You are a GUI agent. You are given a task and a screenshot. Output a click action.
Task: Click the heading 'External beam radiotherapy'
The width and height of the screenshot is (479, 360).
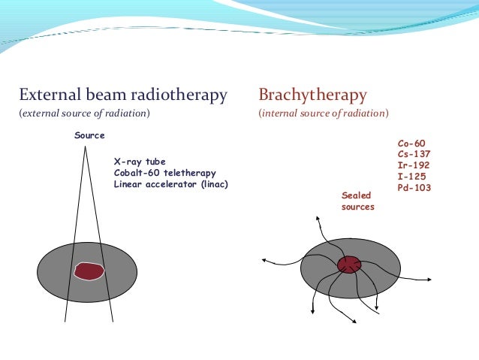click(x=123, y=95)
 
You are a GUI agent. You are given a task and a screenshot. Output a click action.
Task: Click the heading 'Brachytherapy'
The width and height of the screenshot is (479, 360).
click(x=312, y=95)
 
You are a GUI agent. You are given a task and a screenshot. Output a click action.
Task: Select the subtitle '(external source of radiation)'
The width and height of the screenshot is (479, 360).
click(x=84, y=113)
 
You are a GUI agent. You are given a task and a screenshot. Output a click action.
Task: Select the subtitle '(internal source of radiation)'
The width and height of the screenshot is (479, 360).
click(x=324, y=113)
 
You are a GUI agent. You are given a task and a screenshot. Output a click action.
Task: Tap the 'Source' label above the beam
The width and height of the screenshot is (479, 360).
click(x=89, y=135)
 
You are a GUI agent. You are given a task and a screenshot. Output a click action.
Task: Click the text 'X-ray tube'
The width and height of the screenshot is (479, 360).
click(x=140, y=162)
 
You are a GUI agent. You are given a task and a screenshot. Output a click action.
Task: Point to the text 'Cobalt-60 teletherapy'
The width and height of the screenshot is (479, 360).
click(x=164, y=173)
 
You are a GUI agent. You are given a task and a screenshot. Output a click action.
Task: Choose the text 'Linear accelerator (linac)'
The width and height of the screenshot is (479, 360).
click(x=170, y=184)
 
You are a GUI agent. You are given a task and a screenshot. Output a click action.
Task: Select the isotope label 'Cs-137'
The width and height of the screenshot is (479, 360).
click(x=414, y=154)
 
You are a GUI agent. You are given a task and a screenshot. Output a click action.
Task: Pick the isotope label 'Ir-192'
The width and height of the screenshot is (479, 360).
click(x=414, y=165)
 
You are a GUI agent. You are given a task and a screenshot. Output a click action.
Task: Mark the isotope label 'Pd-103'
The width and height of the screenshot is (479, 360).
click(x=414, y=188)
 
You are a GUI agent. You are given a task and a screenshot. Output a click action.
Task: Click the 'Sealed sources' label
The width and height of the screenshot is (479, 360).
click(x=357, y=201)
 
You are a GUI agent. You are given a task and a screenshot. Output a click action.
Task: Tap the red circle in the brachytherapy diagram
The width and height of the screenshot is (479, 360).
click(x=349, y=265)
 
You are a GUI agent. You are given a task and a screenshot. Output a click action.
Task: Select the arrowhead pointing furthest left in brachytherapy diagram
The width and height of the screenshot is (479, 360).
click(x=264, y=261)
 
